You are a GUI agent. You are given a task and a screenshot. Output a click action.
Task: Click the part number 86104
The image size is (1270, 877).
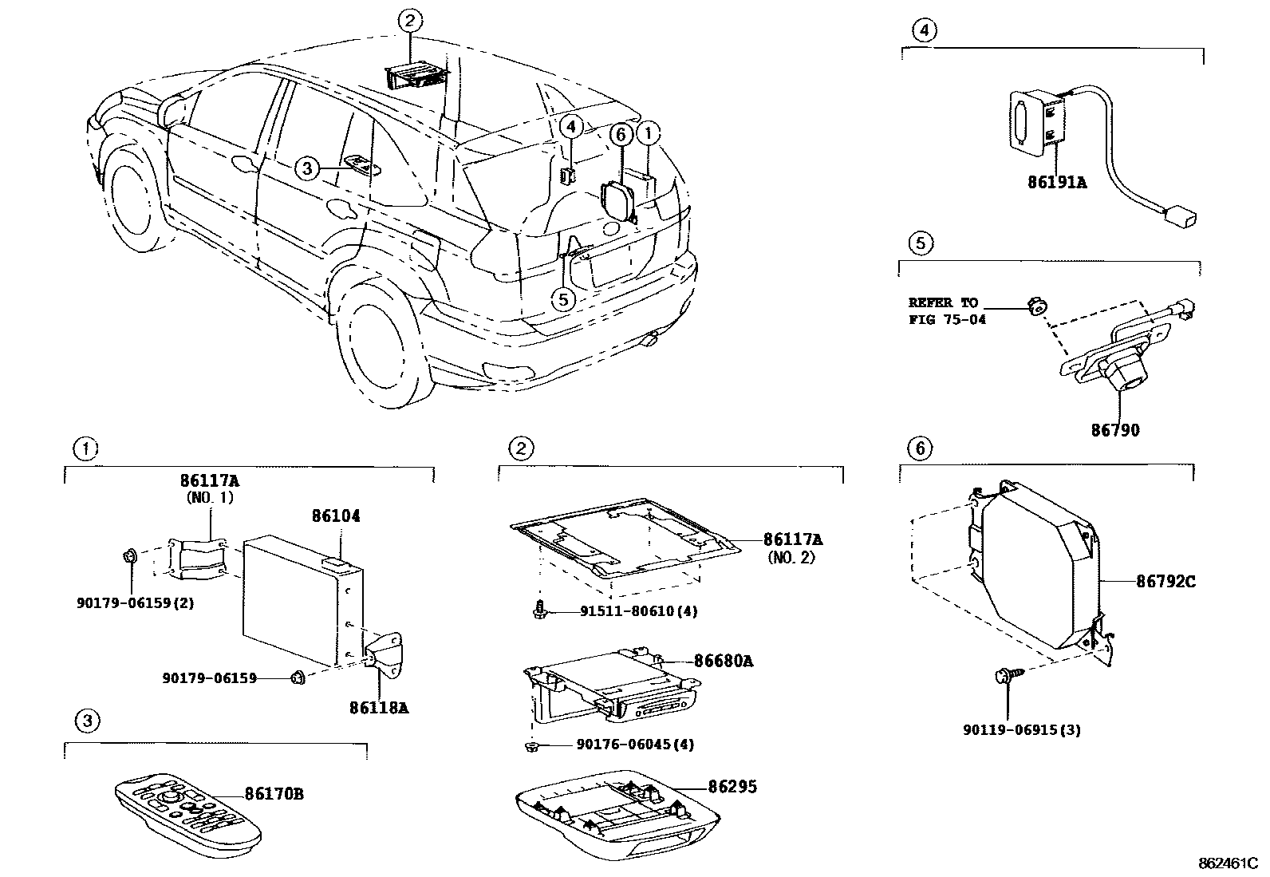click(x=336, y=516)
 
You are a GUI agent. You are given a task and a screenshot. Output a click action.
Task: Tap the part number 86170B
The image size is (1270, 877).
click(x=274, y=794)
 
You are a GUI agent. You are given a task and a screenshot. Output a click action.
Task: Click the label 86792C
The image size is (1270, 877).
click(x=1165, y=582)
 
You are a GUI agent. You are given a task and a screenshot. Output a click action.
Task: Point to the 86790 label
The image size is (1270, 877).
click(x=1115, y=430)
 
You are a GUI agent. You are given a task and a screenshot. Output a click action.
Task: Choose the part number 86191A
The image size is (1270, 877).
click(x=1057, y=182)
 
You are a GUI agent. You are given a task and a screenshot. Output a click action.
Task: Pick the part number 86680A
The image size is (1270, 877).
click(x=724, y=661)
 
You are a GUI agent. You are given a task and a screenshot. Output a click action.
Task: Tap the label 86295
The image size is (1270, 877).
click(x=732, y=786)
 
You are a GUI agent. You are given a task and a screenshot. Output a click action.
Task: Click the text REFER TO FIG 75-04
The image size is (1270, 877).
click(x=947, y=311)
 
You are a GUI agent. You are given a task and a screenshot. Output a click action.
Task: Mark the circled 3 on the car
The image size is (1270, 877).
click(x=306, y=168)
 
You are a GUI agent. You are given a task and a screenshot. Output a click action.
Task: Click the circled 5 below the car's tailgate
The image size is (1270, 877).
click(x=563, y=299)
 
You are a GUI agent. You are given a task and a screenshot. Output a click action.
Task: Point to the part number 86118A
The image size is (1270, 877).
click(x=379, y=708)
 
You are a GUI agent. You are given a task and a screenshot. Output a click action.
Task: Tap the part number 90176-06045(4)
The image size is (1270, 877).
click(x=635, y=744)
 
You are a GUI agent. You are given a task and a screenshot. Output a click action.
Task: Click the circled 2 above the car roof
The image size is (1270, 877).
click(x=409, y=22)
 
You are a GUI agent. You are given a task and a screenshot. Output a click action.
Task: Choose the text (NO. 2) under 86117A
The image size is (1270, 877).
click(x=791, y=558)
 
